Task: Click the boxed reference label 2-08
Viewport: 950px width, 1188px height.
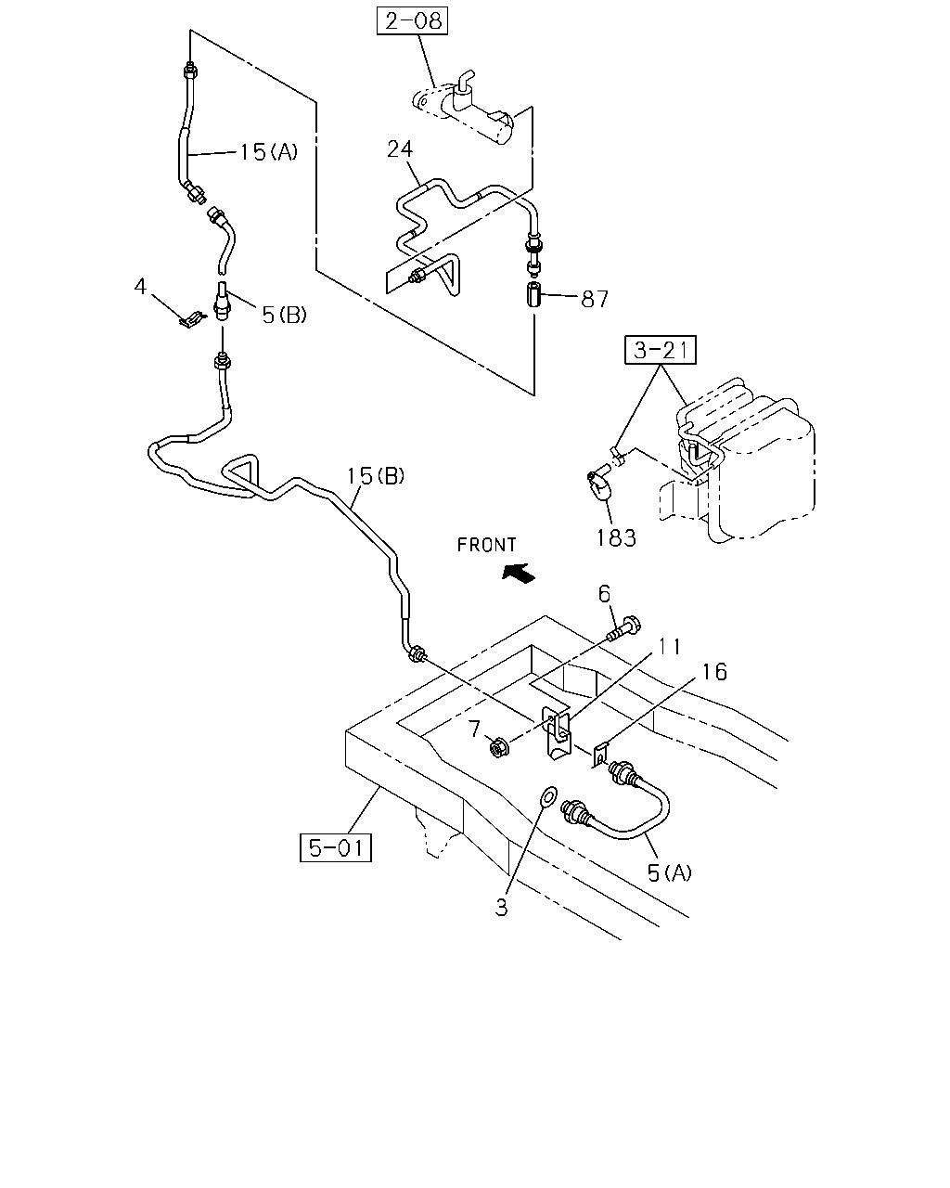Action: point(412,21)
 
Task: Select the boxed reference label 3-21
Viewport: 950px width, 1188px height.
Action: point(661,350)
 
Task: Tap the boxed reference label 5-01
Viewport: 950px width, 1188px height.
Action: point(336,847)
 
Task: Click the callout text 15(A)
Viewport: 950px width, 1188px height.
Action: point(268,151)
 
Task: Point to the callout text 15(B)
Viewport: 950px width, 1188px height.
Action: point(376,475)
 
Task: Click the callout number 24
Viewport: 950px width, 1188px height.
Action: point(400,148)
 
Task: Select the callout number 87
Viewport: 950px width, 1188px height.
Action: point(595,299)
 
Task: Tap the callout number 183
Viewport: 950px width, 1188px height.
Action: point(616,537)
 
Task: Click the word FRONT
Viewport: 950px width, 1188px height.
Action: point(486,545)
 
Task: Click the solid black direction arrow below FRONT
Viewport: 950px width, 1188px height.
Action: point(519,573)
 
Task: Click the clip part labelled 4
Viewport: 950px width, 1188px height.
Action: point(191,318)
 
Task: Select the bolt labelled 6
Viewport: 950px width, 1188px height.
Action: point(624,630)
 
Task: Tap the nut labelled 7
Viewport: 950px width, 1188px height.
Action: point(499,747)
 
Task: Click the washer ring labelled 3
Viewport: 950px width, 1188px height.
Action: point(548,796)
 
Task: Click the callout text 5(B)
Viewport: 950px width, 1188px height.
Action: point(284,315)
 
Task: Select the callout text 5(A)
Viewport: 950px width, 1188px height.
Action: point(669,872)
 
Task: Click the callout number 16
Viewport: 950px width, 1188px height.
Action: point(714,672)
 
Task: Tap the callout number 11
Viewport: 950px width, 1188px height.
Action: point(670,647)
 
